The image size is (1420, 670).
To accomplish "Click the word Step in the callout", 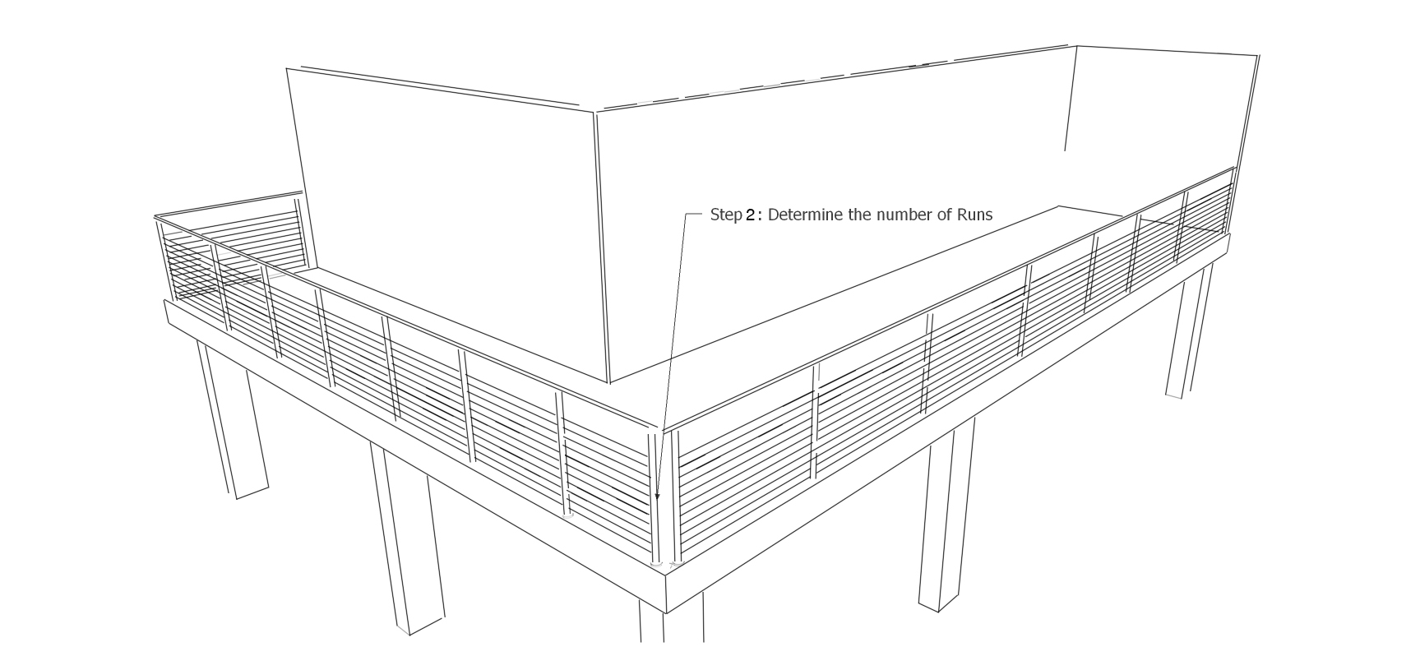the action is click(x=726, y=215).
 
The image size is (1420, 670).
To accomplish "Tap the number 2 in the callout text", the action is click(x=750, y=215).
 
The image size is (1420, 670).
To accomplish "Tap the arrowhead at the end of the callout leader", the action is click(x=658, y=496).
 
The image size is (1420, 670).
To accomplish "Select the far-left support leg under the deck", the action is click(x=232, y=419).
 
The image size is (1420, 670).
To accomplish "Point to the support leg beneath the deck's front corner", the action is click(x=671, y=621).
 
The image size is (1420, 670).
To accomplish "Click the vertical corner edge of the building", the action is click(x=601, y=247).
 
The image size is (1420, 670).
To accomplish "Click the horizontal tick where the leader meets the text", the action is click(x=693, y=215).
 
